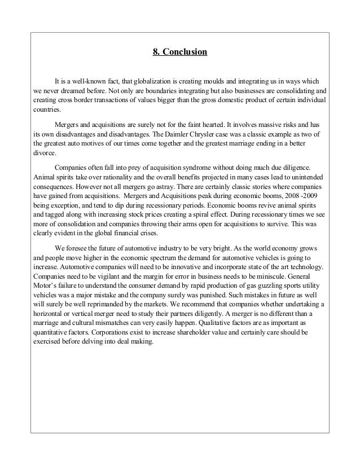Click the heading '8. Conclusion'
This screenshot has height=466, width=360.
tap(181, 54)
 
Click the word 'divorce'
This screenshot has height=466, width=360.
tap(44, 153)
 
